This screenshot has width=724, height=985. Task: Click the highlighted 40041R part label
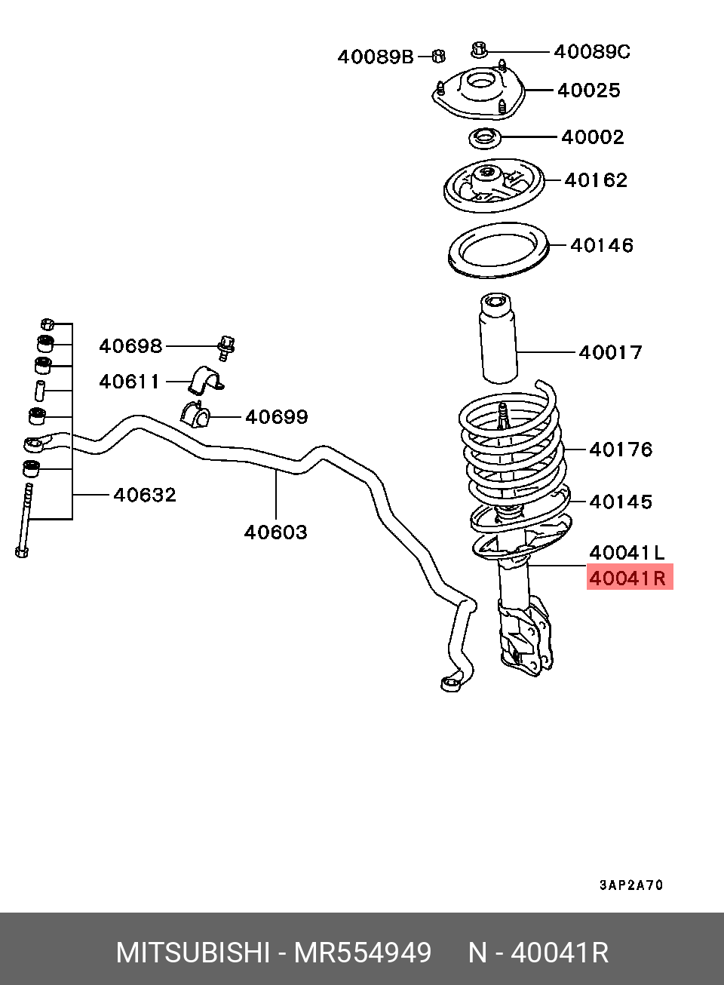[x=628, y=578]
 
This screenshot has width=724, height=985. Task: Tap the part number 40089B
[x=376, y=57]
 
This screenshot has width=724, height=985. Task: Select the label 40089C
[x=591, y=51]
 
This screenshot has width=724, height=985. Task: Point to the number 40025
[x=588, y=91]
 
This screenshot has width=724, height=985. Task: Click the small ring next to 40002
[x=485, y=138]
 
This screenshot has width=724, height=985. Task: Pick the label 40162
[x=595, y=180]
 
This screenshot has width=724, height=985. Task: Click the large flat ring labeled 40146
[x=498, y=250]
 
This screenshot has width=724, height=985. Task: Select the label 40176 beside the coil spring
[x=620, y=450]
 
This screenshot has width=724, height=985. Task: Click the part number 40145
[x=620, y=502]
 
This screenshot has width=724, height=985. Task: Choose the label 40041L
[x=627, y=553]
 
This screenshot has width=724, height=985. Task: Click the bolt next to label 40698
[x=225, y=347]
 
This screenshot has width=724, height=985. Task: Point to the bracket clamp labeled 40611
[x=204, y=381]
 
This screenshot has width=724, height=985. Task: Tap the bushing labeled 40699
[x=195, y=414]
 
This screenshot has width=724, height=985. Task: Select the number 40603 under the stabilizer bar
[x=275, y=532]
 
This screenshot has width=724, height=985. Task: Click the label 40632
[x=144, y=495]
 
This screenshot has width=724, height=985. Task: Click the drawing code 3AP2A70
[x=631, y=885]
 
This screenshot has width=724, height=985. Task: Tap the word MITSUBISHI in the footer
[x=192, y=953]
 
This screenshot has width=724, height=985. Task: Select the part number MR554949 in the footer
[x=362, y=953]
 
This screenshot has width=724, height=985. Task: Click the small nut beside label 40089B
[x=437, y=55]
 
